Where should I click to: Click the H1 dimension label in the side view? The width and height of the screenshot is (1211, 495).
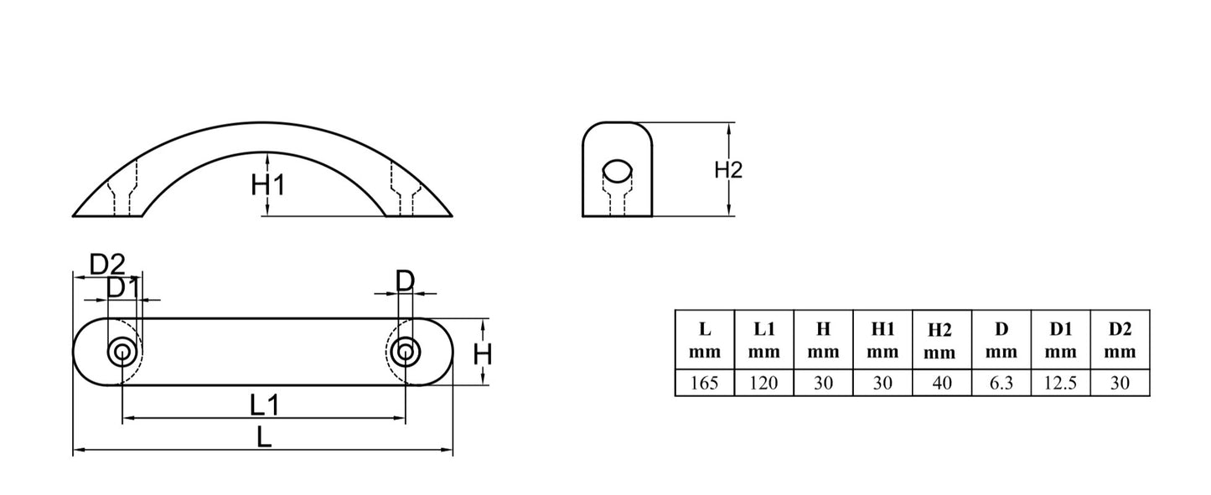tap(267, 185)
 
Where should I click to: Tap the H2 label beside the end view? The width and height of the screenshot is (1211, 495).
tap(728, 170)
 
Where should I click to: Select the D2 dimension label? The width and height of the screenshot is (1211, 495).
tap(107, 265)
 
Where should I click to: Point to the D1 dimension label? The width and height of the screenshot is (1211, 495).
tap(123, 287)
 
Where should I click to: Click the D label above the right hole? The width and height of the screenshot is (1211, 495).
tap(405, 281)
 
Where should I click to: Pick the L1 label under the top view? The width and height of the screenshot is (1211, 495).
tap(264, 405)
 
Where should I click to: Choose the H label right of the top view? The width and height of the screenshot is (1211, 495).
tap(483, 355)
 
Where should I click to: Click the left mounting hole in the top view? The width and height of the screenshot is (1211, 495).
tap(122, 353)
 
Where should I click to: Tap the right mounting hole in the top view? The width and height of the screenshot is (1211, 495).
tap(406, 353)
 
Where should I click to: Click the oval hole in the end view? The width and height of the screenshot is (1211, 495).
tap(618, 171)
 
